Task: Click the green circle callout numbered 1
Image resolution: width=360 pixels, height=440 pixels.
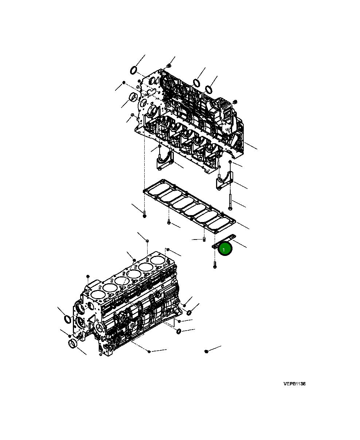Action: click(225, 249)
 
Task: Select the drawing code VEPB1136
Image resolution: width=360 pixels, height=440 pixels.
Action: click(294, 384)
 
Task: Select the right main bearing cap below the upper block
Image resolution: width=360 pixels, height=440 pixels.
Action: click(224, 181)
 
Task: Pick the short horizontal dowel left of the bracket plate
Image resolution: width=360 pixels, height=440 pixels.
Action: click(203, 240)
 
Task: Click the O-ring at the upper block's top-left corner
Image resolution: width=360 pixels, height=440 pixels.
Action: click(134, 70)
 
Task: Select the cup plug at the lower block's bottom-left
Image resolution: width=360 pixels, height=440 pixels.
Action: click(73, 343)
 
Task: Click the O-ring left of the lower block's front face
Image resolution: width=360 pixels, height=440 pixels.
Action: click(68, 319)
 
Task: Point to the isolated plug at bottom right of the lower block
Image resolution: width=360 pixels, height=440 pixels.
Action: click(206, 351)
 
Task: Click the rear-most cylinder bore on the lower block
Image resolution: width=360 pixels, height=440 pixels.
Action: click(157, 260)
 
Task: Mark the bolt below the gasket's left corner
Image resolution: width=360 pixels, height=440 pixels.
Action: click(145, 214)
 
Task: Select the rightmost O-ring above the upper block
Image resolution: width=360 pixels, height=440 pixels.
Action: click(209, 89)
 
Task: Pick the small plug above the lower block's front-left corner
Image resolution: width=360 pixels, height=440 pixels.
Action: click(88, 276)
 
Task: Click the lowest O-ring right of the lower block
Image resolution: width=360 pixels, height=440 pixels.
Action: click(179, 331)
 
